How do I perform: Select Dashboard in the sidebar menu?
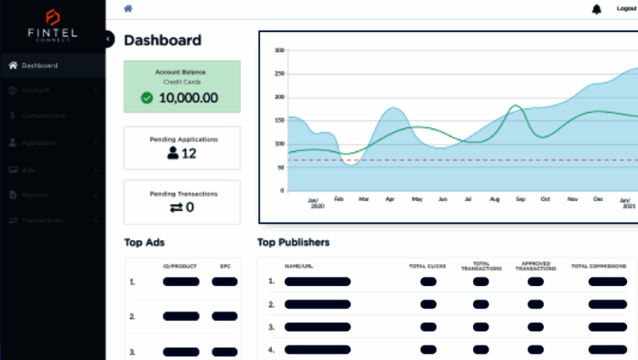tap(39, 65)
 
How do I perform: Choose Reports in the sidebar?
tap(35, 194)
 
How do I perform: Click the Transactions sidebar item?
tap(42, 220)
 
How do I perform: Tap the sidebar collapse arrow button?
tap(109, 39)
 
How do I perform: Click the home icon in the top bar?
tap(128, 8)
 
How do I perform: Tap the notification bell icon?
tap(596, 8)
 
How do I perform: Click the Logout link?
tap(626, 8)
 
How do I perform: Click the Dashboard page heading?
tap(162, 40)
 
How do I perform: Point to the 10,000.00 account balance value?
tap(188, 98)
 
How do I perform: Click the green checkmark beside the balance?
tap(147, 98)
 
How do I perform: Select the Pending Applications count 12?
tap(189, 154)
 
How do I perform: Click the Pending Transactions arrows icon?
tap(176, 207)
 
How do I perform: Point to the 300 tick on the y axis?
tap(279, 50)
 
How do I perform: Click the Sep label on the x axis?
tap(519, 200)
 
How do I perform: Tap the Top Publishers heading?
tap(293, 243)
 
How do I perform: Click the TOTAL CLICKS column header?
tap(427, 266)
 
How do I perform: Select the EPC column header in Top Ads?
tap(225, 266)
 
